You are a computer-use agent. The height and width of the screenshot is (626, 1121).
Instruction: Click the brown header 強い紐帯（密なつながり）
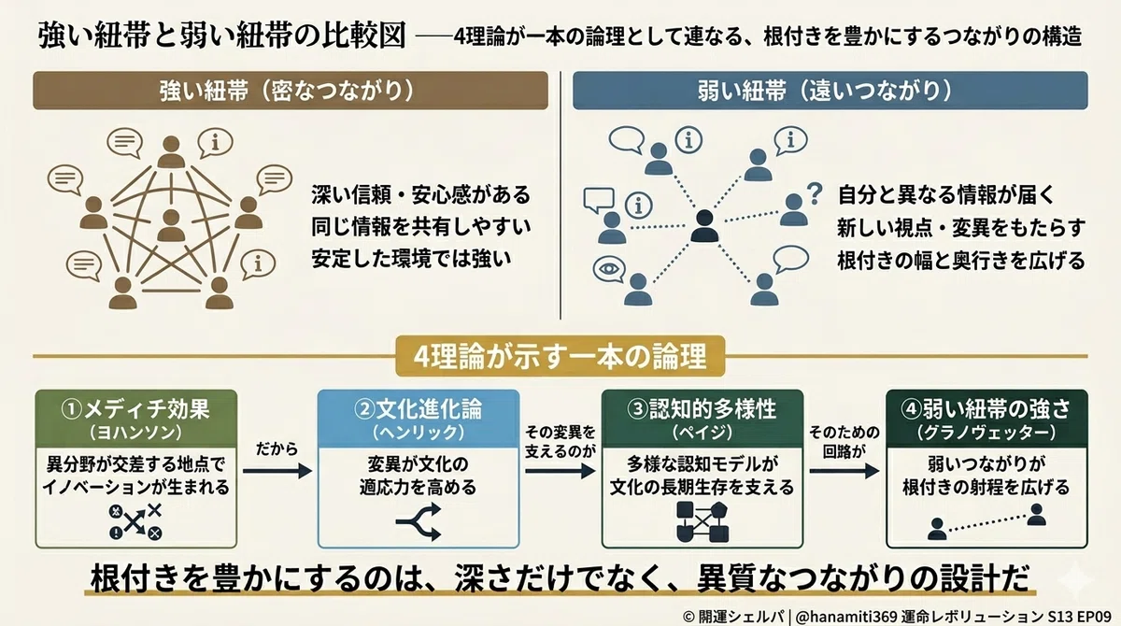(291, 91)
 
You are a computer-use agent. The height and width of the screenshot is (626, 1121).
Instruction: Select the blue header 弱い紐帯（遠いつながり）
(830, 91)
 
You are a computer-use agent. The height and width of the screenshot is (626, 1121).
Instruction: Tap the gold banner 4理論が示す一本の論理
(560, 356)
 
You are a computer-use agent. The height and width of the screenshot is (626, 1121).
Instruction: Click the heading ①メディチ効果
(135, 409)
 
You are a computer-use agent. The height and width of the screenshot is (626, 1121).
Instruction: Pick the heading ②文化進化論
(418, 409)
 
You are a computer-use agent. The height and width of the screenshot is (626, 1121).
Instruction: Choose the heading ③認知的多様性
(702, 409)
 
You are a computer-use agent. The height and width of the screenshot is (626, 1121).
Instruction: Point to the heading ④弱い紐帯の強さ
(986, 409)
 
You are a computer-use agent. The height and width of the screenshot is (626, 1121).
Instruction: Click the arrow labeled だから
(277, 471)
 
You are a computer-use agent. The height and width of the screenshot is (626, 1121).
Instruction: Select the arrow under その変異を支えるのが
(560, 471)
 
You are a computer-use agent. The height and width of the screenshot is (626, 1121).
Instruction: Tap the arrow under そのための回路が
(844, 471)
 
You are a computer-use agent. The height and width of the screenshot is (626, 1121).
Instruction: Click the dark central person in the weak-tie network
(704, 226)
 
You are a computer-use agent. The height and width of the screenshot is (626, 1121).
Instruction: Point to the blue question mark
(815, 193)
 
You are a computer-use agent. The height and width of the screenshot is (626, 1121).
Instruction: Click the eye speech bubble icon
(609, 269)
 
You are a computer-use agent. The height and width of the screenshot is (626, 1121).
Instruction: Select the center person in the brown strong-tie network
(171, 225)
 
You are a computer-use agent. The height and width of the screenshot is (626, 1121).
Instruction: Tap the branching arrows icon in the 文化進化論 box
(419, 522)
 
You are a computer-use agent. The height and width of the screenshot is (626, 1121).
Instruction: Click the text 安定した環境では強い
(411, 259)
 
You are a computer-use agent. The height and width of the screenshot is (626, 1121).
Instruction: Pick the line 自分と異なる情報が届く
(946, 194)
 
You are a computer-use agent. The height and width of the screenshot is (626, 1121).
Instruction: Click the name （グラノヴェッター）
(986, 433)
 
